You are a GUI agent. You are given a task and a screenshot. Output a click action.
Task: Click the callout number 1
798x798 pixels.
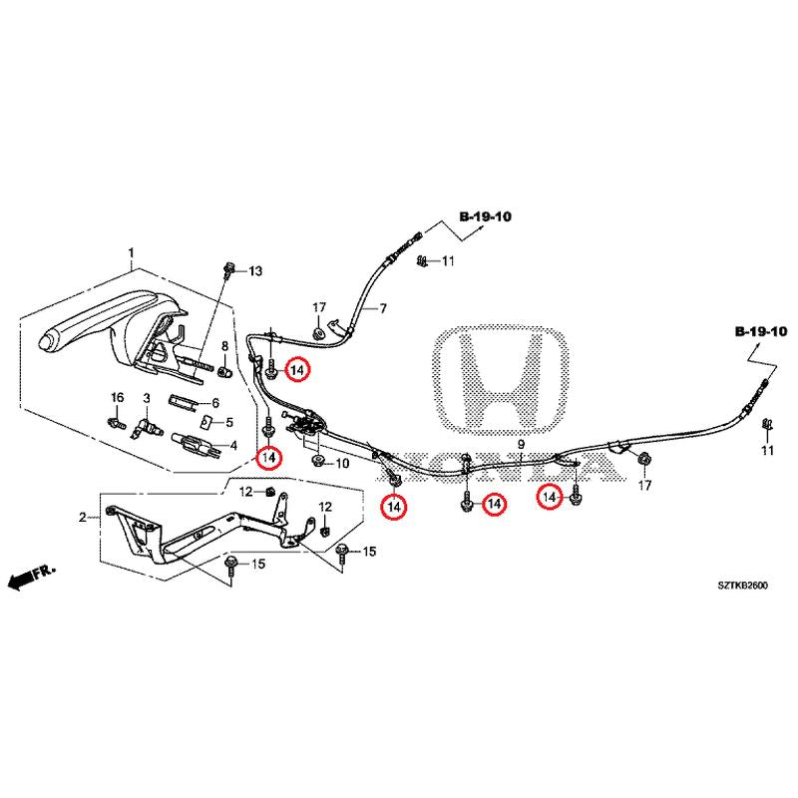coord(130,253)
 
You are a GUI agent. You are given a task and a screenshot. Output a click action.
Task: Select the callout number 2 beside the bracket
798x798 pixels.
coord(84,517)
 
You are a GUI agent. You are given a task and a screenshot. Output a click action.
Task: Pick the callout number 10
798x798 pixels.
coord(341,464)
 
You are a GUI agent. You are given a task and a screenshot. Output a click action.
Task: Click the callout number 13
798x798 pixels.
coord(253,271)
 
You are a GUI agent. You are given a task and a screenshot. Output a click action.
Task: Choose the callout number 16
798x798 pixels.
coord(117,398)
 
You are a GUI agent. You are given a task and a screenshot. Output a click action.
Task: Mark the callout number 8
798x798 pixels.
coord(223,347)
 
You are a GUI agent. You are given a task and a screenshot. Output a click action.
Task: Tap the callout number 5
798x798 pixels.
coord(228,422)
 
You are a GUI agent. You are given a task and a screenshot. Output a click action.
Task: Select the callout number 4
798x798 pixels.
coord(233,446)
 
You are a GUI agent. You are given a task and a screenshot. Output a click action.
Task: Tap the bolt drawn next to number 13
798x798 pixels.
coord(231,269)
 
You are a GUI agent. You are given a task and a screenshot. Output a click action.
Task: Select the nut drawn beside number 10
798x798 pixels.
coord(318,463)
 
